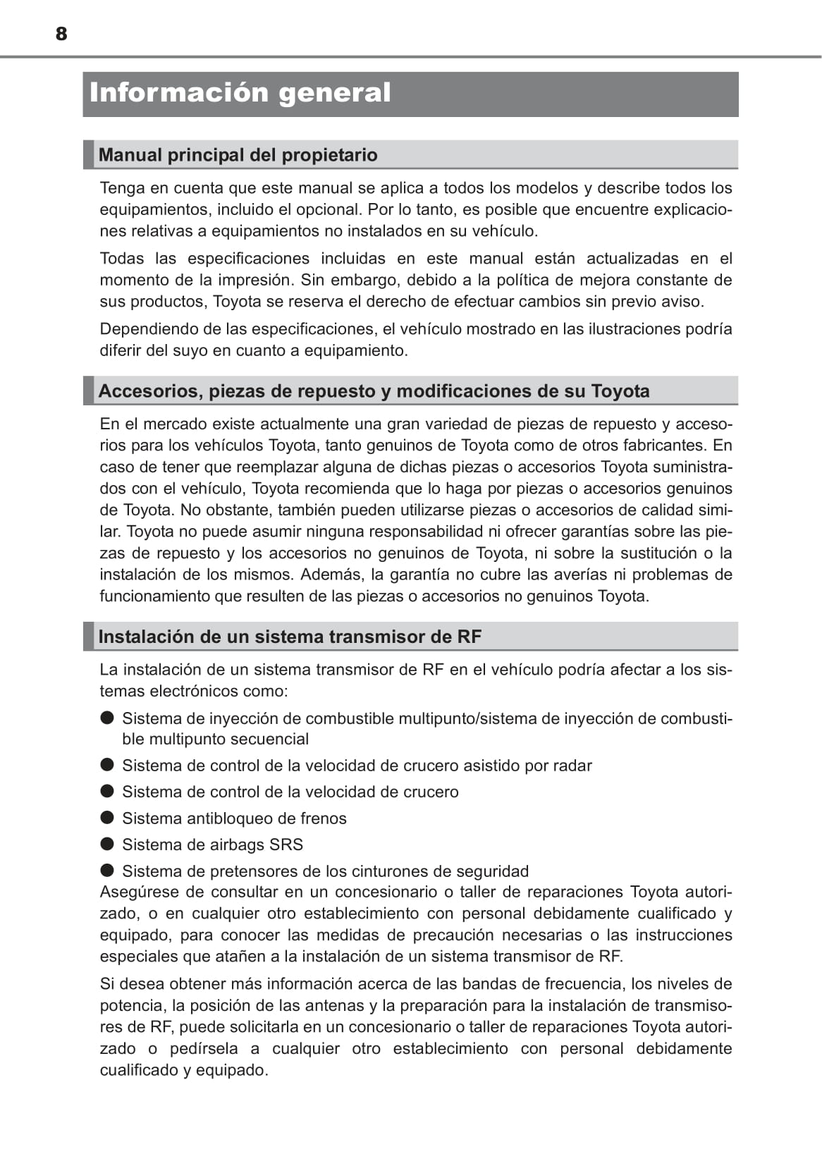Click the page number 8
61,34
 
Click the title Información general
240,93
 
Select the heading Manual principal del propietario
238,155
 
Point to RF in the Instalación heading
469,637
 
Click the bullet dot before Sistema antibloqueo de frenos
107,818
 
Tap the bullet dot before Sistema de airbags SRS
107,844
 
